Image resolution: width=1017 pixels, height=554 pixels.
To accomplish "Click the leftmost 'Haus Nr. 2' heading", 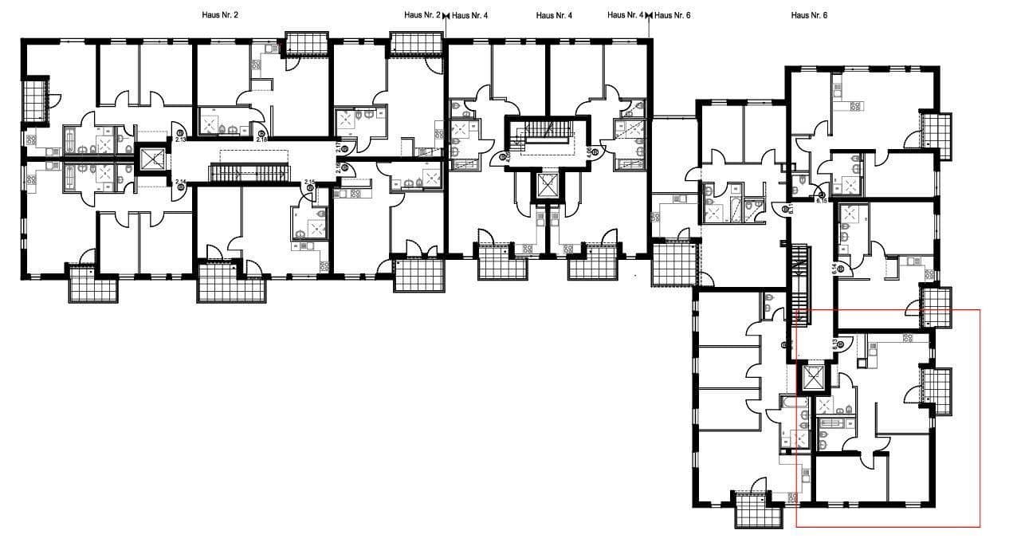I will [220, 15].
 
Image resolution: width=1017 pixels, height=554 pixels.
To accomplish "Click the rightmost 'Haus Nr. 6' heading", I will [809, 15].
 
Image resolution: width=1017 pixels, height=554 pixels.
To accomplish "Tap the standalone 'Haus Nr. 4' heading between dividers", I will [554, 15].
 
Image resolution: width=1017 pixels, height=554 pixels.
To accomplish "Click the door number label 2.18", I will [261, 139].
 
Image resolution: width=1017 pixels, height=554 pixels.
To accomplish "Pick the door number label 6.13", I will [836, 344].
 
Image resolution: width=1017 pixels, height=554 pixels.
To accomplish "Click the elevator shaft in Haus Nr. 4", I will [548, 187].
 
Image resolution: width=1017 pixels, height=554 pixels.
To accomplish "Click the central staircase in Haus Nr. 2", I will [247, 173].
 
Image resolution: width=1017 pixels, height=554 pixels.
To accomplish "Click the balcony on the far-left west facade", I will [36, 100].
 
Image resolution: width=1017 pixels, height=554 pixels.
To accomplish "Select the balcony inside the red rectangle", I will [939, 391].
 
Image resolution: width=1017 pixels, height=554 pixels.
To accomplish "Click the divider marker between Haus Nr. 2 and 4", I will [446, 15].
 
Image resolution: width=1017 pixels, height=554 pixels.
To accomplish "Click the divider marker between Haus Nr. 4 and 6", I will [650, 15].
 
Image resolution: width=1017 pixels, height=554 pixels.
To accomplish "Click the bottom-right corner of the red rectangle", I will [980, 527].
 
